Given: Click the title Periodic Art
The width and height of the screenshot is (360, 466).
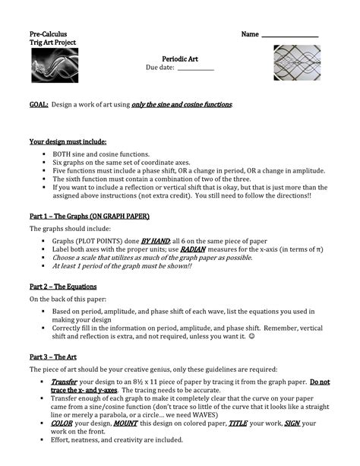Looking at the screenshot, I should (x=179, y=58).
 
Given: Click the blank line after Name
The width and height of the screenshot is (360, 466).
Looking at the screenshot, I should (x=289, y=35).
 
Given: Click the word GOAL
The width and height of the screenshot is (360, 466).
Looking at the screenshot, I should (x=39, y=103).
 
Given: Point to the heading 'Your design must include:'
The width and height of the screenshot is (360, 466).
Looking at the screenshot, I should (x=68, y=141).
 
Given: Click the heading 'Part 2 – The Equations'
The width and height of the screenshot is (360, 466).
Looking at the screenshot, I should (x=63, y=286).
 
